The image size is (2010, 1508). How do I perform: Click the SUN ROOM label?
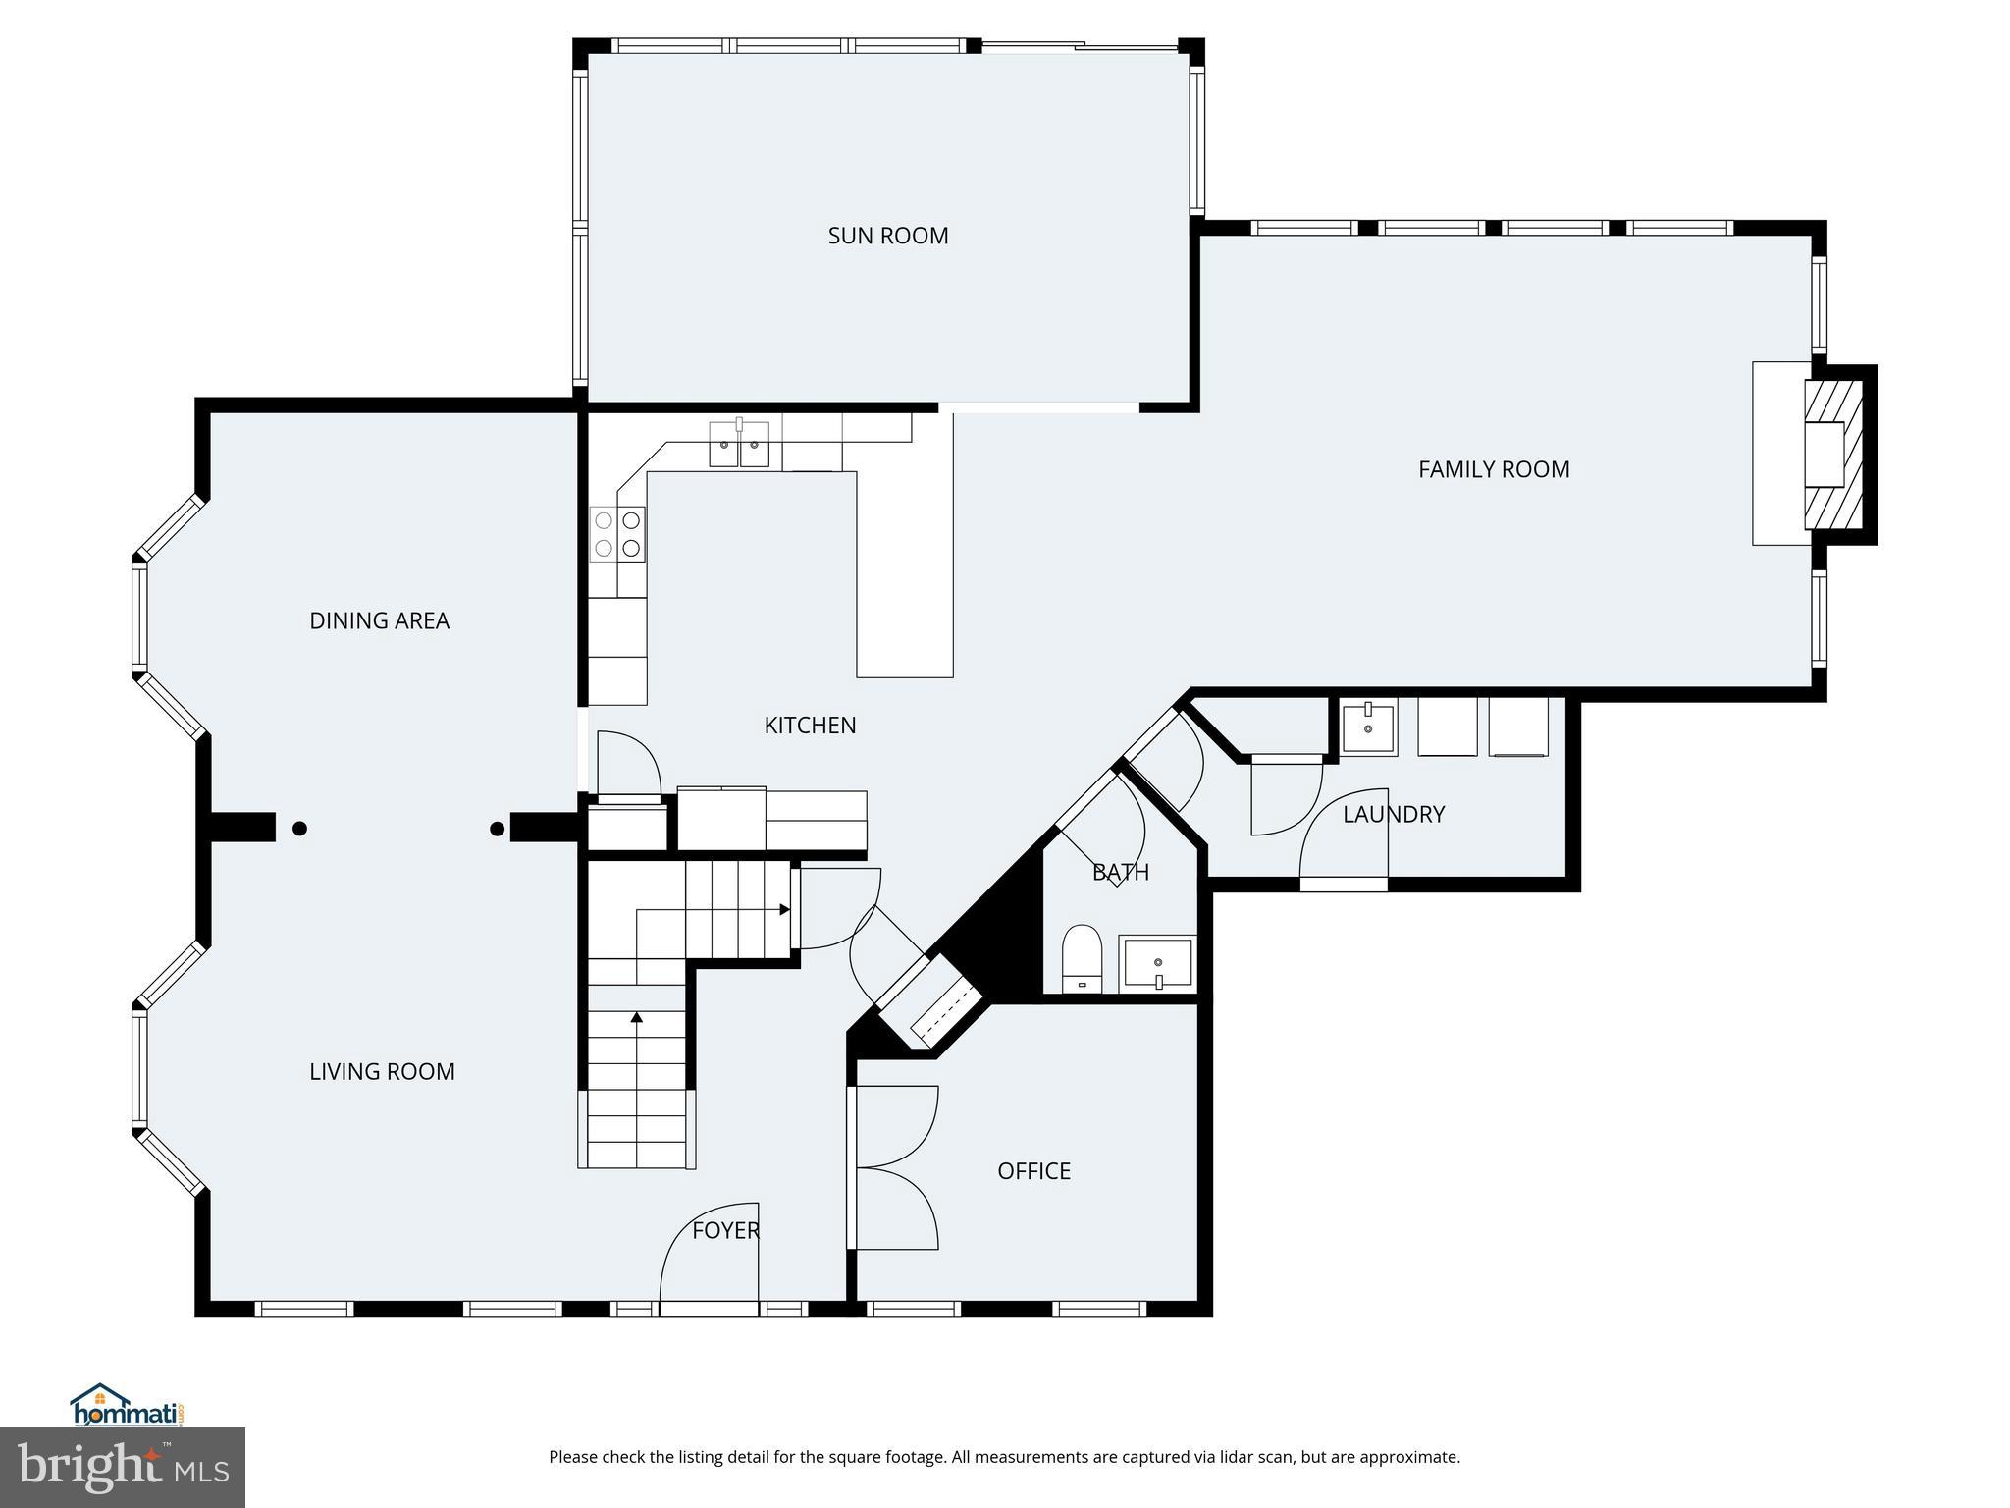(x=887, y=236)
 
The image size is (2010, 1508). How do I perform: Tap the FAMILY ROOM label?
(x=1493, y=469)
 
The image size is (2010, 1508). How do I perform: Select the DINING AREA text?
(x=379, y=620)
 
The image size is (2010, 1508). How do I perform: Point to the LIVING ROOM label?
(x=382, y=1071)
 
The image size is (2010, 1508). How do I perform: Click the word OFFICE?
(x=1033, y=1170)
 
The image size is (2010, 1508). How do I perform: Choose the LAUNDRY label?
(x=1393, y=814)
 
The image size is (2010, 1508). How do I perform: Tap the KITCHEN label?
(x=810, y=726)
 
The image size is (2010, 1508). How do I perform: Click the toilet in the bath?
(x=1082, y=957)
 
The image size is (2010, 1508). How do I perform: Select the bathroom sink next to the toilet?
(x=1158, y=963)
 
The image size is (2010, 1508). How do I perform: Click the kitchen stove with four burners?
(x=617, y=534)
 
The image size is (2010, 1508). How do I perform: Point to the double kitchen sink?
(x=739, y=445)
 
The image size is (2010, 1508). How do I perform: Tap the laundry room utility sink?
(x=1367, y=727)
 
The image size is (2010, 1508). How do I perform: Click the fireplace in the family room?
(x=1831, y=455)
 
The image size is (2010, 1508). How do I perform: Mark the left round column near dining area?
(x=299, y=829)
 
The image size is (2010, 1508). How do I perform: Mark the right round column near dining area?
(x=497, y=829)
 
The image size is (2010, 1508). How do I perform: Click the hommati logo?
(x=127, y=1406)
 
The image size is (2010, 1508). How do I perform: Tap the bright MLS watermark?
(x=122, y=1467)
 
